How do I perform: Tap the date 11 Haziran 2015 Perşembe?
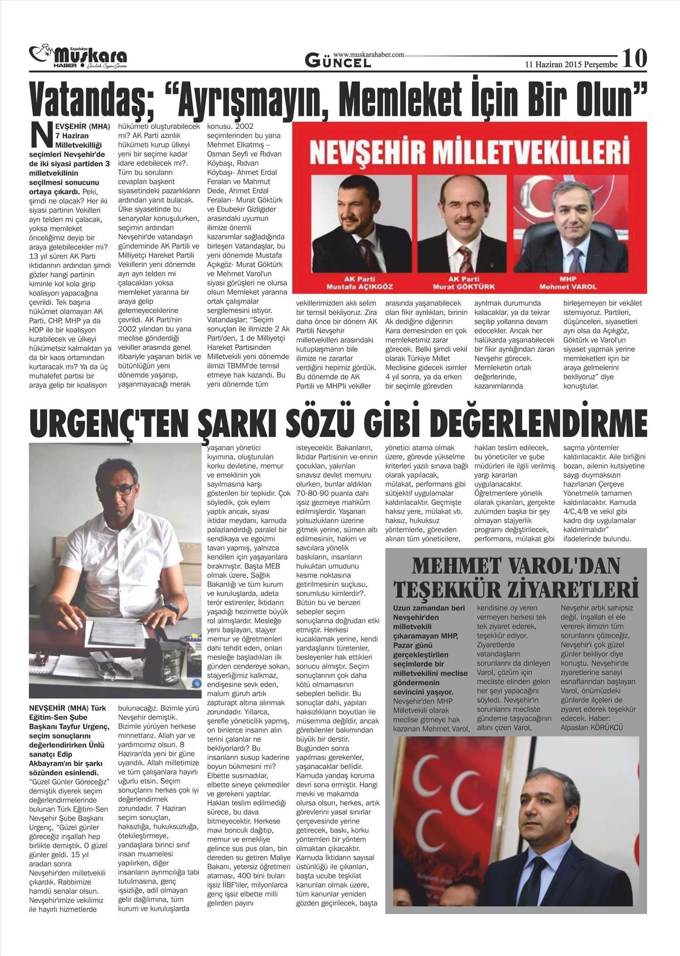coord(571,64)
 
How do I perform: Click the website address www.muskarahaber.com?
coord(368,54)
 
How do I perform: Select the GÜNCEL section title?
coord(338,61)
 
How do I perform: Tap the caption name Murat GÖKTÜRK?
coord(464,287)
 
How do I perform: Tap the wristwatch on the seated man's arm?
coord(172,608)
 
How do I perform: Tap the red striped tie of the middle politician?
coord(464,257)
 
